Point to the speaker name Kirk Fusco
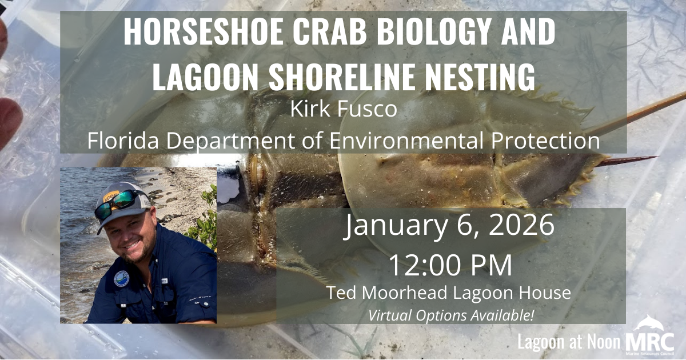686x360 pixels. point(343,110)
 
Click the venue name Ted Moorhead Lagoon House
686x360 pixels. point(449,293)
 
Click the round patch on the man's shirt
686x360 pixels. point(121,278)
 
